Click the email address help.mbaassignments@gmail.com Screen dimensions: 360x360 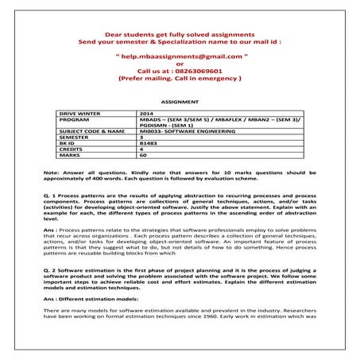tap(180, 58)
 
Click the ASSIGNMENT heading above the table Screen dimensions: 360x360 tap(179, 103)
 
